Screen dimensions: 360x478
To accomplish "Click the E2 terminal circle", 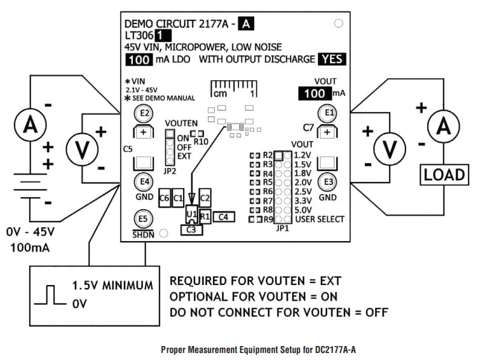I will tap(144, 113).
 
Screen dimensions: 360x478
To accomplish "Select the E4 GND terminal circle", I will tap(144, 182).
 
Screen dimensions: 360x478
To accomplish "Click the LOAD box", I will tap(444, 174).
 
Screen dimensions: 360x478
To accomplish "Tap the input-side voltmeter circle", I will tap(82, 148).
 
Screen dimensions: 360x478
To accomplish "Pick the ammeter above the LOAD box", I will tap(444, 128).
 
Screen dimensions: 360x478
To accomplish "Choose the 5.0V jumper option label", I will tap(304, 209).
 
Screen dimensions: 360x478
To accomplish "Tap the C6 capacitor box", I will tap(165, 198).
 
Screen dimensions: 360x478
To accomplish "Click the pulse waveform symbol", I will tap(51, 296).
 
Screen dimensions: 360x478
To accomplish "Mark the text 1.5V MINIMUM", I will tap(112, 285).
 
